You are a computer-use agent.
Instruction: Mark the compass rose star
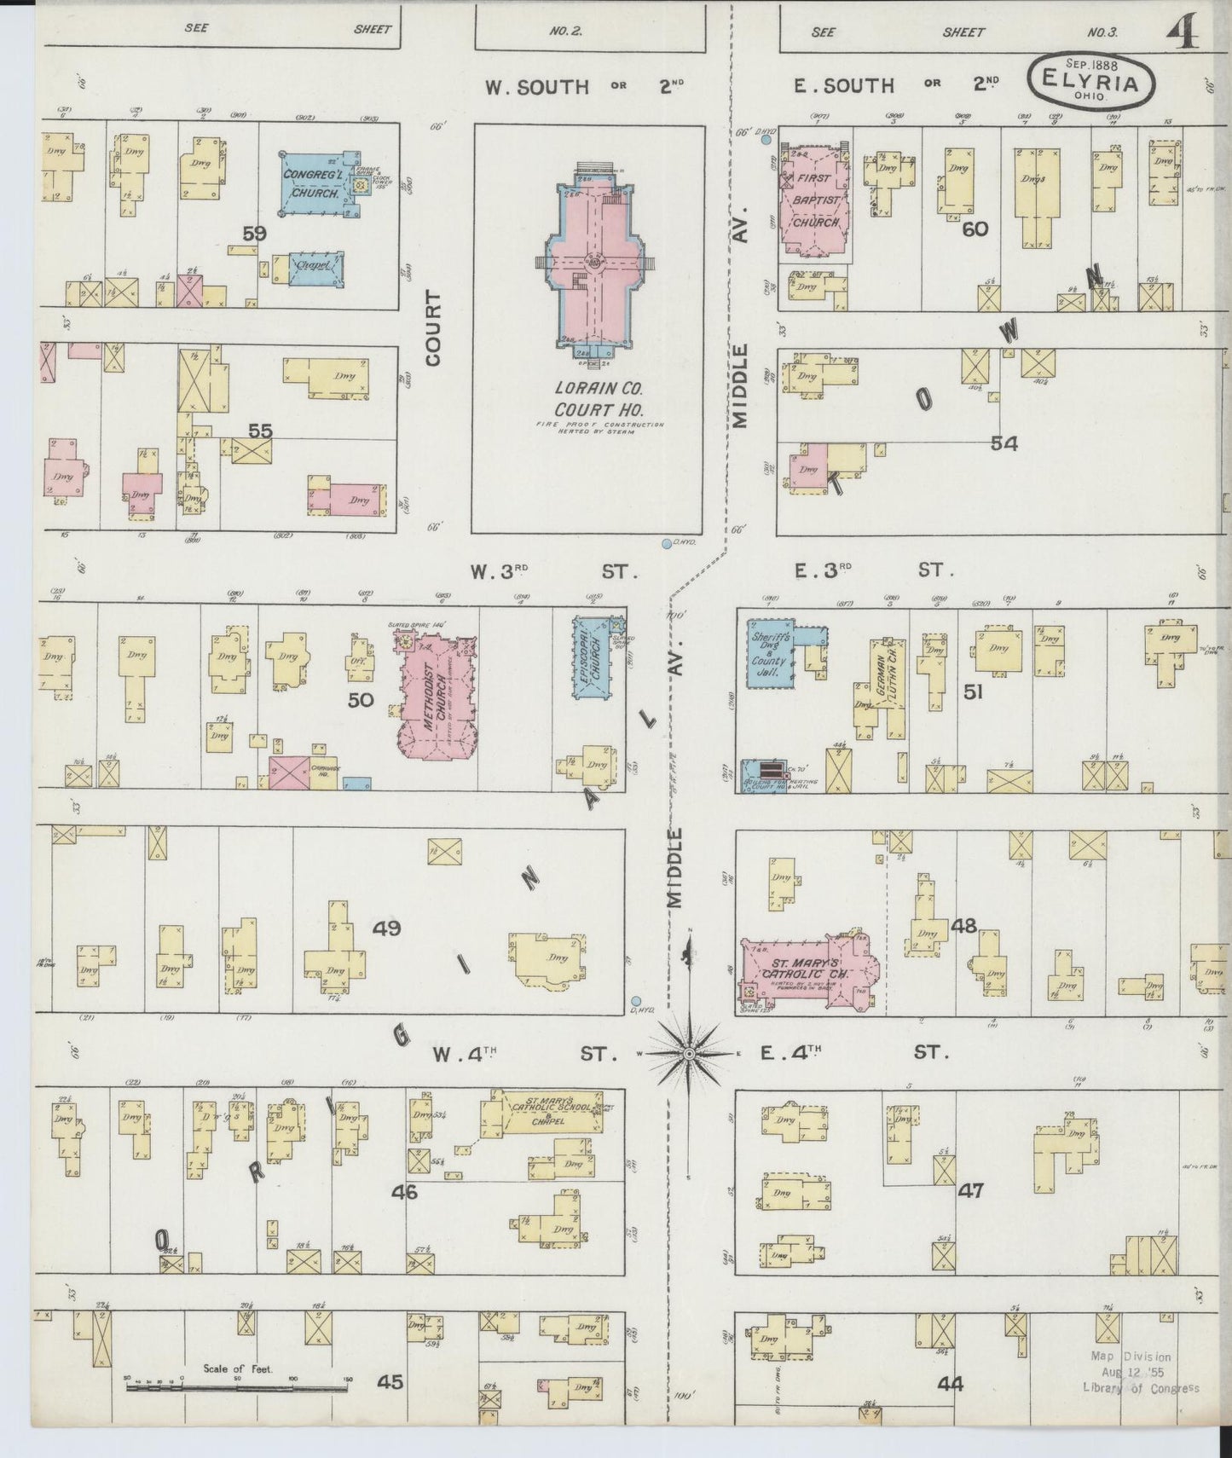pos(689,1055)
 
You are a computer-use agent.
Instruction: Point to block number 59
pos(253,233)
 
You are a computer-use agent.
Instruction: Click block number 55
pos(260,431)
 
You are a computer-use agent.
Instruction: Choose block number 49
pos(386,928)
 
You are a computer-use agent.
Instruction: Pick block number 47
pos(970,1190)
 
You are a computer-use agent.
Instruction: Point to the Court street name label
pos(434,328)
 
